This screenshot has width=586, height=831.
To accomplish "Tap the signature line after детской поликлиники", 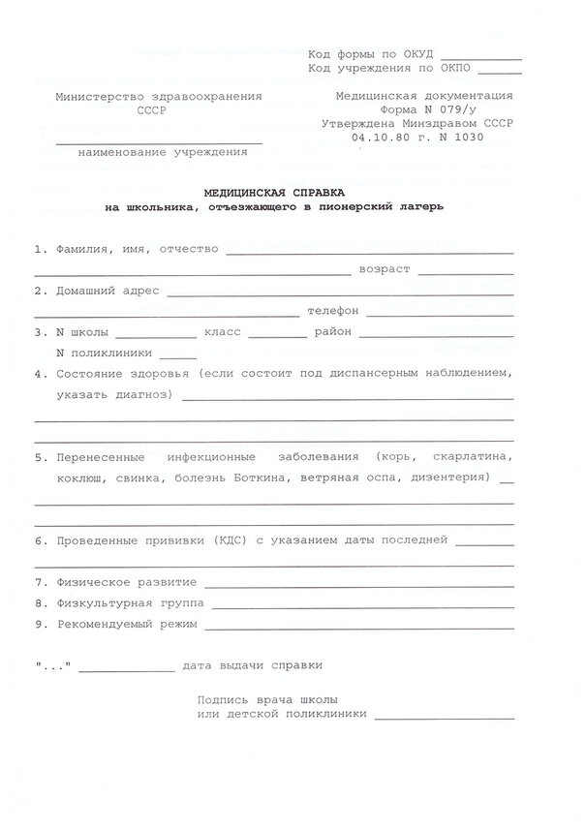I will pyautogui.click(x=444, y=718).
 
